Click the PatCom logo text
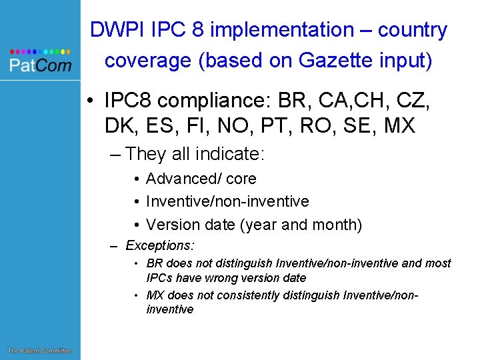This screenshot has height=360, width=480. [x=40, y=65]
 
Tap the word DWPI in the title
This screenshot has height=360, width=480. [x=112, y=30]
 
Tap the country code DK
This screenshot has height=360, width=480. [x=118, y=125]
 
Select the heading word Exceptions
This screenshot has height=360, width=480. [x=157, y=245]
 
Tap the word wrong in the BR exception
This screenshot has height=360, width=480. [x=226, y=278]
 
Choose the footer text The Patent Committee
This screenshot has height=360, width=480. [x=39, y=351]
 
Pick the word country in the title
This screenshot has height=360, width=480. [x=413, y=30]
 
